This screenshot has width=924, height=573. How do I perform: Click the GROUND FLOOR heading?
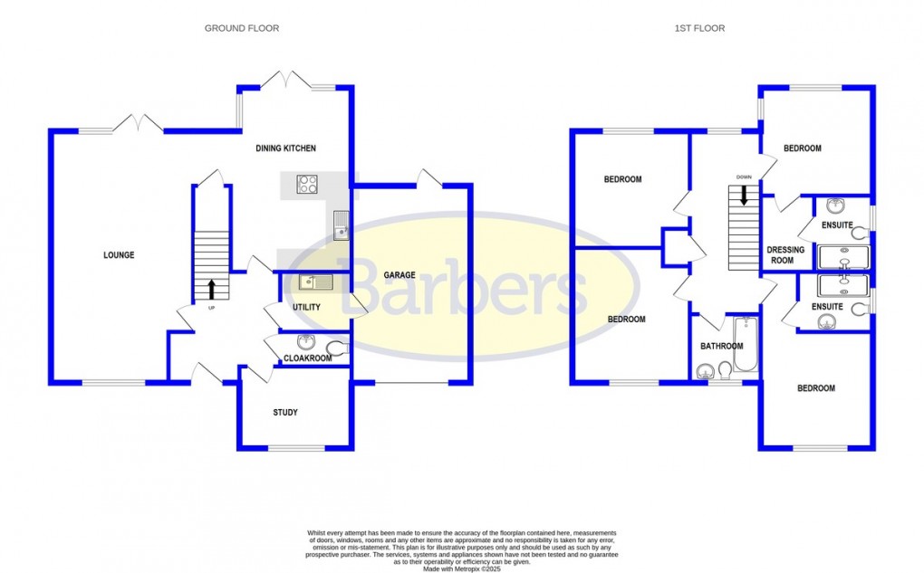[241, 28]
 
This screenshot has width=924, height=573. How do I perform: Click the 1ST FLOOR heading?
[699, 28]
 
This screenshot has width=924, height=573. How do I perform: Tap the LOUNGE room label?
[119, 255]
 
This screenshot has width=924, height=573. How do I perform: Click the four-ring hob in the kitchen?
[307, 185]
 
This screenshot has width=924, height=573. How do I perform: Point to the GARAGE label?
[399, 275]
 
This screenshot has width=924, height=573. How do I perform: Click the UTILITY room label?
[306, 308]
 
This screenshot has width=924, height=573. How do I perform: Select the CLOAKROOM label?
[307, 358]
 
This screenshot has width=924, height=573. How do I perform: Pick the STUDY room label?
[285, 413]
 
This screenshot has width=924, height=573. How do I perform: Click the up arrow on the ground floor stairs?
[212, 289]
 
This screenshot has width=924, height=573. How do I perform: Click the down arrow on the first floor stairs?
[744, 195]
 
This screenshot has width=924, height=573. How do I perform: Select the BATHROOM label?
[721, 347]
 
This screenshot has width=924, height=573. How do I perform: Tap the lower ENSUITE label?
[827, 307]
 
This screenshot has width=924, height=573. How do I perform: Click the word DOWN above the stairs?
[744, 177]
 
